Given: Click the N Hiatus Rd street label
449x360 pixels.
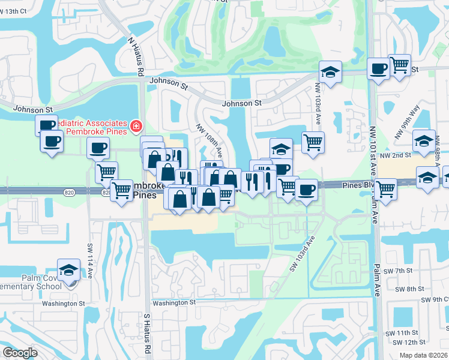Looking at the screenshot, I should (x=135, y=55).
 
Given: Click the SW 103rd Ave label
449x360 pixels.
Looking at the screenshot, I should (x=302, y=253).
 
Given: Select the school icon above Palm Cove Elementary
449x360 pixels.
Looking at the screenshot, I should (x=69, y=269).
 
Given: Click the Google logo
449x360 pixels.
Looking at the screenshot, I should (x=20, y=353).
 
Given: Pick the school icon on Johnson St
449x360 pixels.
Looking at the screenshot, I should (x=330, y=71).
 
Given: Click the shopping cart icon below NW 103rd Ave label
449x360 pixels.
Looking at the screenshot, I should (x=313, y=143).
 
